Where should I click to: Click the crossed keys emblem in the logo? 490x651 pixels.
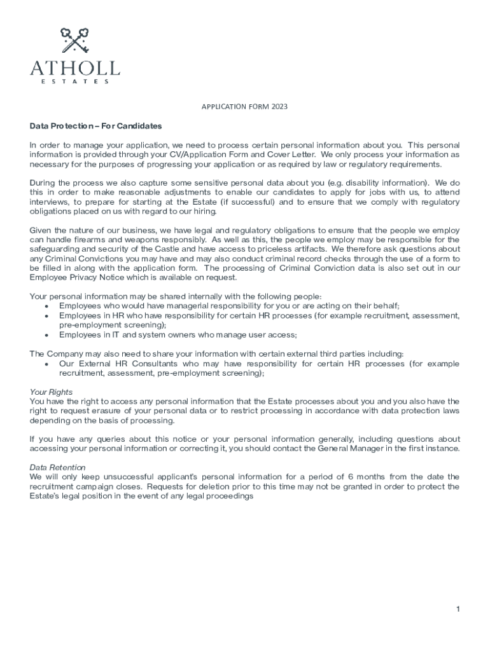pos(74,40)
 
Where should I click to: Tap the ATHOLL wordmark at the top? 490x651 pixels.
pos(74,67)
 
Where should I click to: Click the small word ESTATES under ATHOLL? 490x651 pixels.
pos(74,81)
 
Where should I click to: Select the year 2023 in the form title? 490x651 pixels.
pos(279,107)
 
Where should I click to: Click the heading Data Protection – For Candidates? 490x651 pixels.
pos(96,126)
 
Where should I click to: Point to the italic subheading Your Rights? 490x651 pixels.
pos(51,392)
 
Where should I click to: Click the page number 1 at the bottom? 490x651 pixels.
pos(457,610)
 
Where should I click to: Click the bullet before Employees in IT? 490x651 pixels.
pos(46,335)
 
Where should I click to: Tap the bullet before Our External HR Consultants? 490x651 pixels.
pos(46,364)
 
